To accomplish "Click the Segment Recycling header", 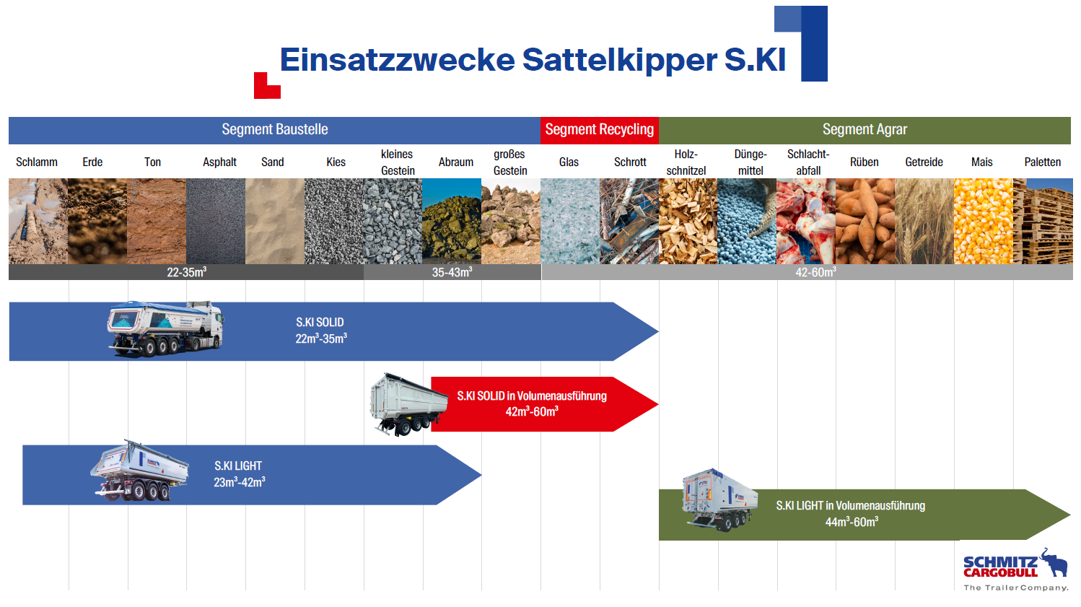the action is click(600, 130).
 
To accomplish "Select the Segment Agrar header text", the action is click(865, 129).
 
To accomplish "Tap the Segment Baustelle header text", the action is click(275, 129).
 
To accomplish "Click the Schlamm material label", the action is click(37, 162).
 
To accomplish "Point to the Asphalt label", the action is click(219, 162).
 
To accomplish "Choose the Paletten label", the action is click(1042, 162).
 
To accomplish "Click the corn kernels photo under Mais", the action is click(983, 221).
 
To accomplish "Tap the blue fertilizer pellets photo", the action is click(747, 221).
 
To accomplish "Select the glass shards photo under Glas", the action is click(570, 221).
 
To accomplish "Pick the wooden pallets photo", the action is click(1043, 221).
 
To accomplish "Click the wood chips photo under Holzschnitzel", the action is click(688, 221).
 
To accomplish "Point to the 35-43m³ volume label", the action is click(452, 272).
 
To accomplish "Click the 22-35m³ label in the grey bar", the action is click(187, 272).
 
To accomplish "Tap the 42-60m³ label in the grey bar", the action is click(815, 272).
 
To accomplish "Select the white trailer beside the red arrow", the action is click(408, 404).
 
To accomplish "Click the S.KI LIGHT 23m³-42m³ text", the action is click(240, 473).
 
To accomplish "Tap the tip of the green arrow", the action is click(1070, 515).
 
